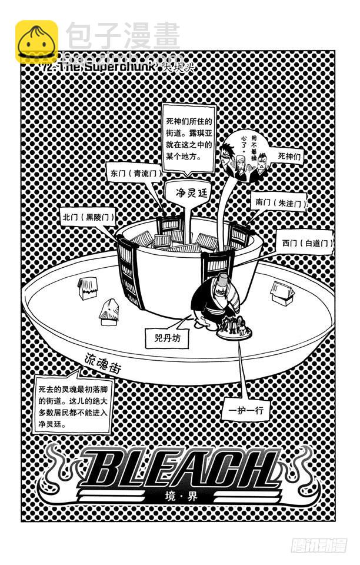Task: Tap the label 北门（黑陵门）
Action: pyautogui.click(x=88, y=217)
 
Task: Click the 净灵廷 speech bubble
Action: pyautogui.click(x=184, y=191)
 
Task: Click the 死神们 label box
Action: pyautogui.click(x=289, y=157)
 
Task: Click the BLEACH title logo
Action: pyautogui.click(x=179, y=468)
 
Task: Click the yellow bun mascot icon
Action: pyautogui.click(x=36, y=42)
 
